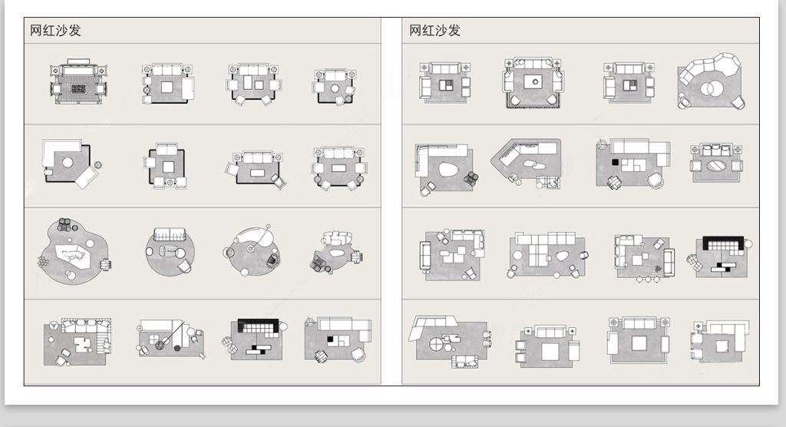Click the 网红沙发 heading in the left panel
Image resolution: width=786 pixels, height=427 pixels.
click(55, 31)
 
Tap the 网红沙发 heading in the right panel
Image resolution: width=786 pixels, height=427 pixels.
click(434, 31)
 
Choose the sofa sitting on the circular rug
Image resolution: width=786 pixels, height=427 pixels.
click(170, 234)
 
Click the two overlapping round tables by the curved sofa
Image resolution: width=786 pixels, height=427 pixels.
click(711, 88)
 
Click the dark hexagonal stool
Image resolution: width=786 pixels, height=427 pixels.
click(178, 346)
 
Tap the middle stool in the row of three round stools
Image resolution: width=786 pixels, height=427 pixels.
click(647, 280)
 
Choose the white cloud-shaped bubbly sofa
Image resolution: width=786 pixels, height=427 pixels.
click(337, 238)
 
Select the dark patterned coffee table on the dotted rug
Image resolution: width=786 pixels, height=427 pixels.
click(77, 89)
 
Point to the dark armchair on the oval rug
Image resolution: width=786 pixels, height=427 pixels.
click(271, 261)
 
